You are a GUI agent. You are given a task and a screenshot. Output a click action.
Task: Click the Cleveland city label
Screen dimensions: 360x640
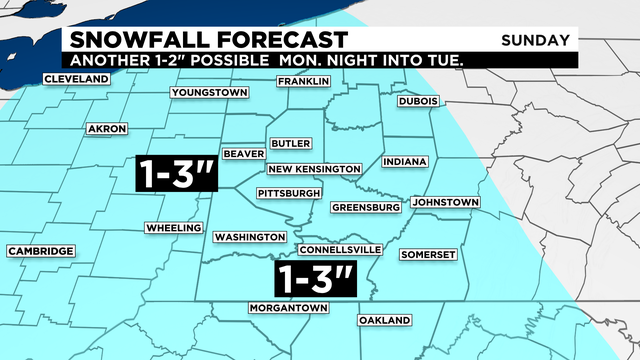(76, 79)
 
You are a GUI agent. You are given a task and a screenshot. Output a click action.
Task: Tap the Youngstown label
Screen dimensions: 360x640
(209, 93)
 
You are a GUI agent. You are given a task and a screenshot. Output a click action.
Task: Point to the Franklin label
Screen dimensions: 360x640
(303, 81)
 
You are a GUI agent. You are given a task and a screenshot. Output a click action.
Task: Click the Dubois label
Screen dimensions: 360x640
(418, 101)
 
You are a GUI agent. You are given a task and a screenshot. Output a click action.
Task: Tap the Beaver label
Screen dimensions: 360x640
(244, 154)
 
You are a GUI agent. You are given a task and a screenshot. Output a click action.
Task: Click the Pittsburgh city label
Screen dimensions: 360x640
(289, 192)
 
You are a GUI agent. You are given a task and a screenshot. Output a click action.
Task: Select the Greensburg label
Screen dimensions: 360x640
(366, 208)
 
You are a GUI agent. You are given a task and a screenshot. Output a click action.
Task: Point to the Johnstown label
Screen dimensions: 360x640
(445, 203)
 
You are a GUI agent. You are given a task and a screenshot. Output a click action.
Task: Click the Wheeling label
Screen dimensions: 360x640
(174, 228)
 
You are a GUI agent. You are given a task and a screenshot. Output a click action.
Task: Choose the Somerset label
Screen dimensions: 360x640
(428, 255)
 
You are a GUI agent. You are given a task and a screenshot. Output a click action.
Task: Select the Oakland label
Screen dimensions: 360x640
(385, 320)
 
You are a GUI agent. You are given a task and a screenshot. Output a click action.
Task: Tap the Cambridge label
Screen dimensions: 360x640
(40, 251)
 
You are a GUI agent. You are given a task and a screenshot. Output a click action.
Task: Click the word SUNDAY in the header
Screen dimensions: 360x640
(538, 40)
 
